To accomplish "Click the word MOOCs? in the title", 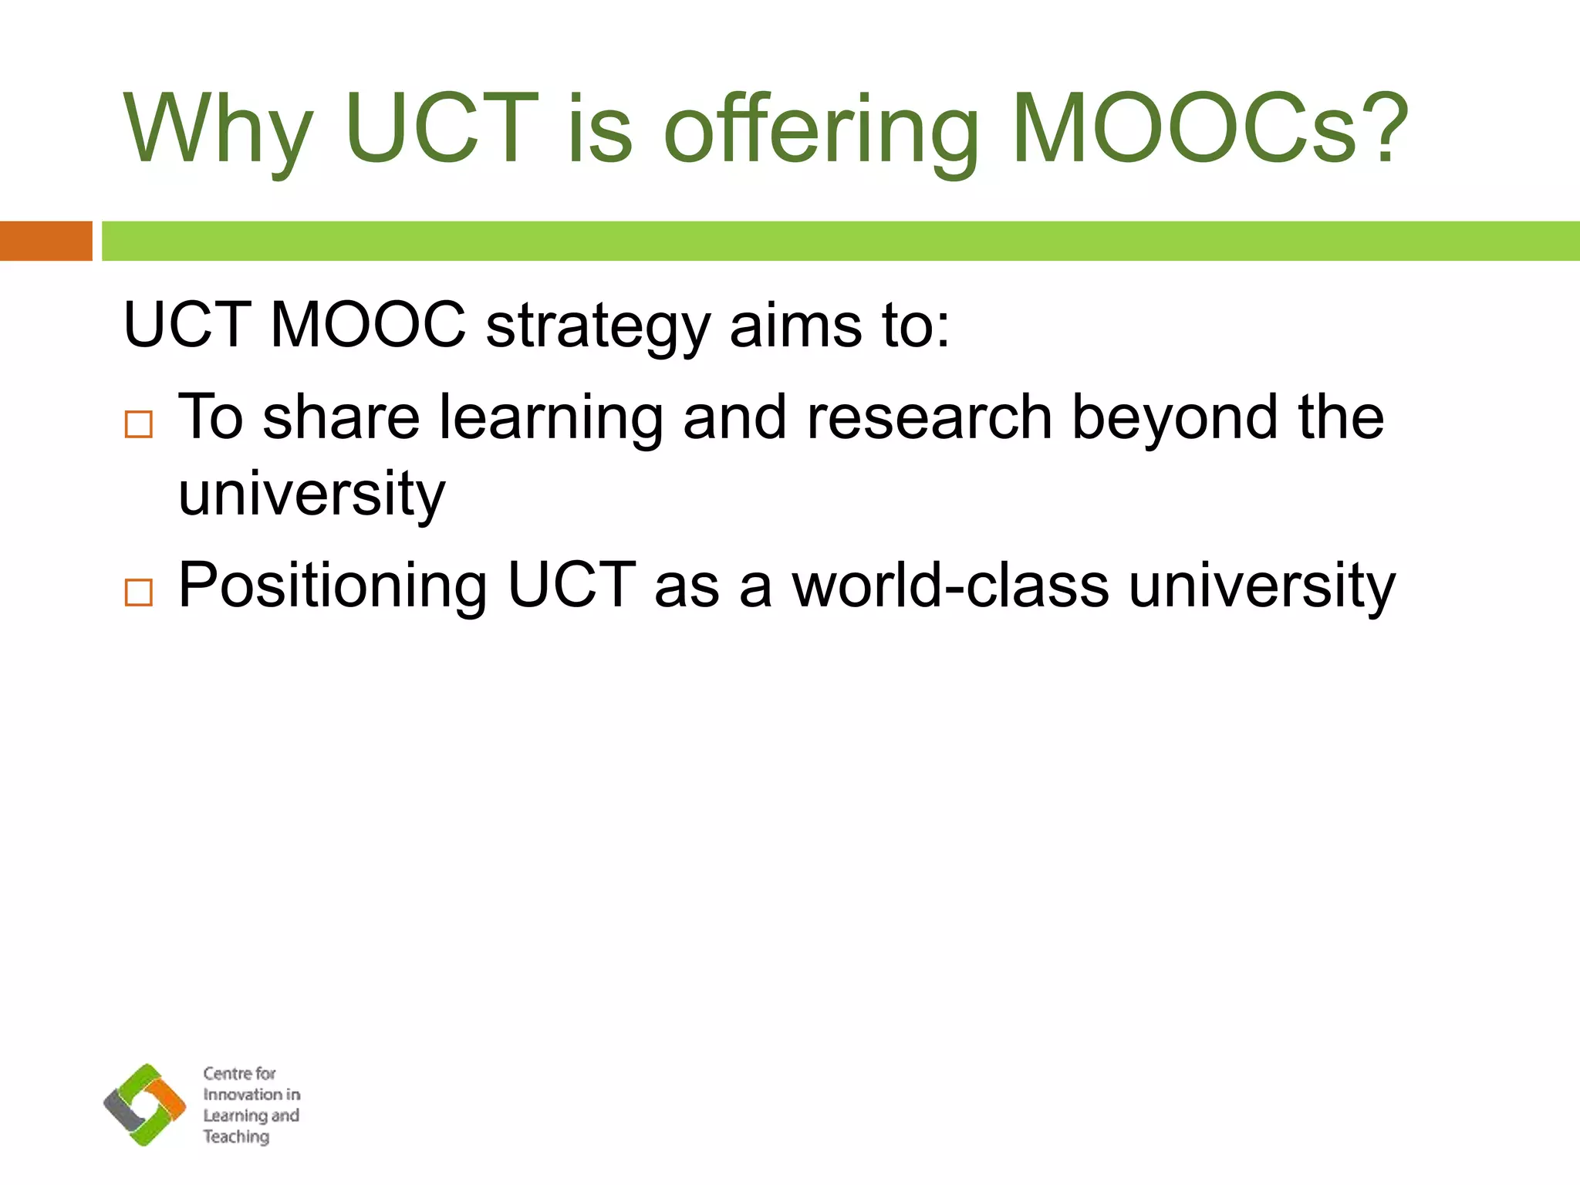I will pos(1210,129).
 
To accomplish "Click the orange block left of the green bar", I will pos(46,241).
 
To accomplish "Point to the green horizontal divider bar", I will pos(840,241).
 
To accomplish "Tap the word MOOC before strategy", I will pos(368,324).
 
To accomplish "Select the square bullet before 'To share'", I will pos(139,424).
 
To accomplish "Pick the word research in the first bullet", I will pos(929,417).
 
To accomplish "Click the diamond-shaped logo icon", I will pos(145,1104).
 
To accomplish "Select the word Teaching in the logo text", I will pos(236,1137).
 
